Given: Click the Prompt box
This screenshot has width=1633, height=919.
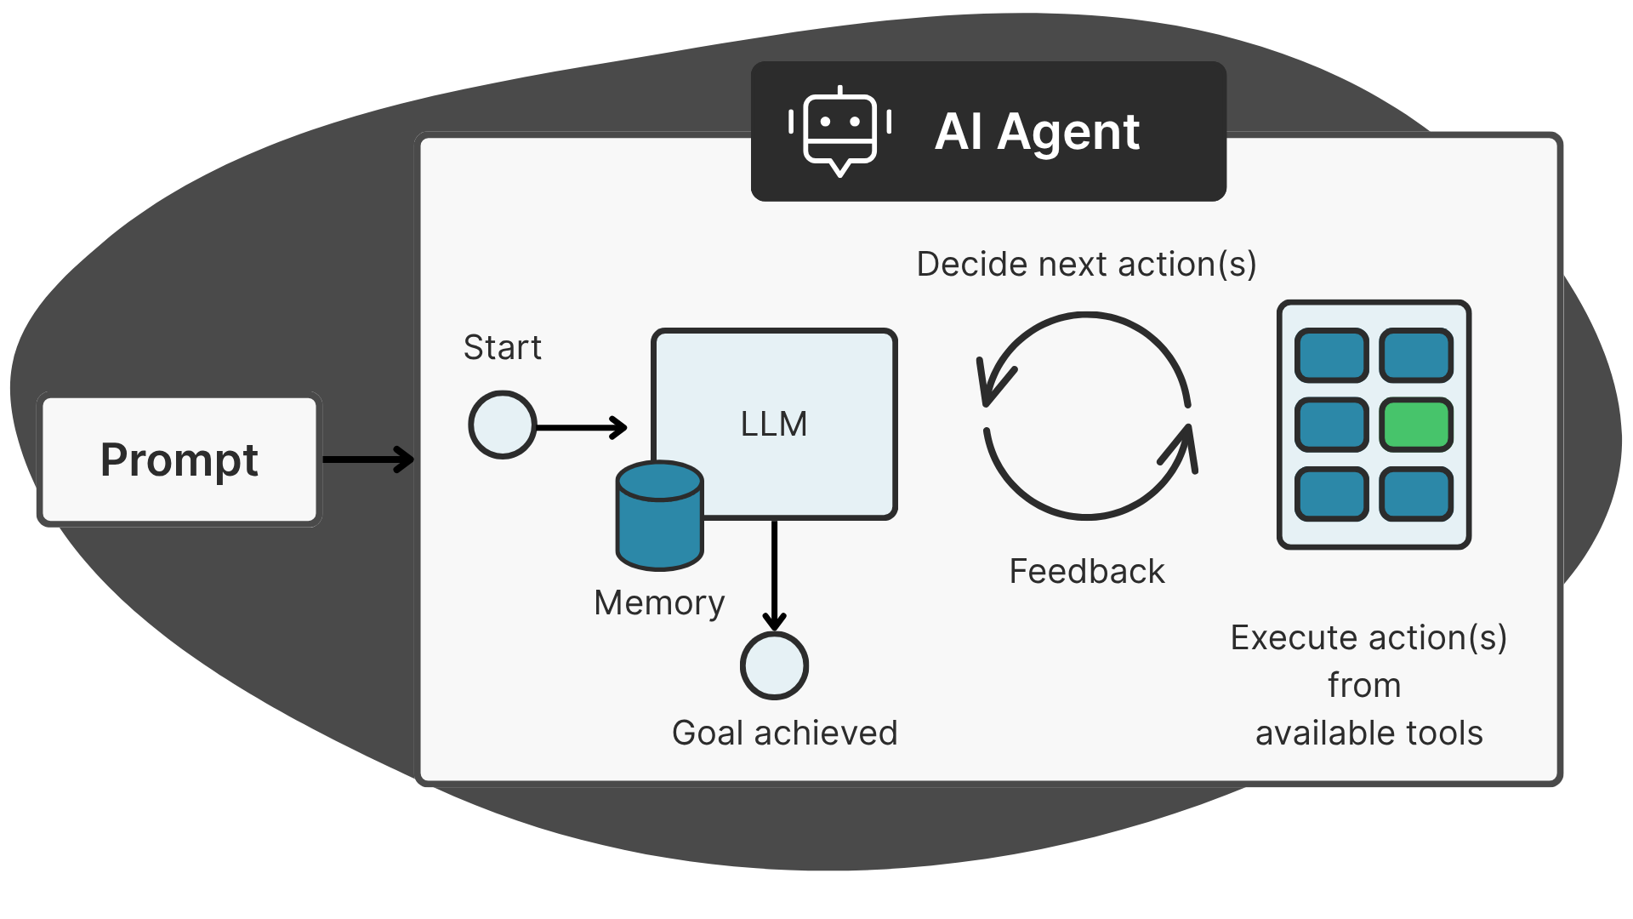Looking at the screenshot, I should point(179,459).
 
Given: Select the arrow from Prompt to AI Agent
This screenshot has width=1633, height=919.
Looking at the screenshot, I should point(367,459).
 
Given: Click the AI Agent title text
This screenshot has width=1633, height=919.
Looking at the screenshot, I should point(1037,132).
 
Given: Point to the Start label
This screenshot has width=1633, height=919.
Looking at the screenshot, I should point(502,347).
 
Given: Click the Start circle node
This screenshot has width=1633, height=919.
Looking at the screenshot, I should point(502,425).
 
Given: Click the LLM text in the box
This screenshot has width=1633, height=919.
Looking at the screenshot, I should point(774,424).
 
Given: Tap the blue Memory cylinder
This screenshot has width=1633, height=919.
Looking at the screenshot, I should point(659,516).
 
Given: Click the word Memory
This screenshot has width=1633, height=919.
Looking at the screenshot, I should point(659,602).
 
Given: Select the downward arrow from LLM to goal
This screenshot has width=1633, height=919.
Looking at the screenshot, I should point(774,574).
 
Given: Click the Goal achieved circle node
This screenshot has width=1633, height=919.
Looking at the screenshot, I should point(774,665).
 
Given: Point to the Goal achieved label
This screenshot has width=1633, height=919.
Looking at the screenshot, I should point(784,733).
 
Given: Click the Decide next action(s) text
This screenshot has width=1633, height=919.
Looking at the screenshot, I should point(1086,264).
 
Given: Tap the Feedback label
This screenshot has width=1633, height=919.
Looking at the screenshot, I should point(1086,571).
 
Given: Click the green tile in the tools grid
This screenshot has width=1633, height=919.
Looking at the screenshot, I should point(1416,425).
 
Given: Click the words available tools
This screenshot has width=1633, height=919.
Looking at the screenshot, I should point(1368,733).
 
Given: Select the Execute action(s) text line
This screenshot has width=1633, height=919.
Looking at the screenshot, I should point(1368,637).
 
